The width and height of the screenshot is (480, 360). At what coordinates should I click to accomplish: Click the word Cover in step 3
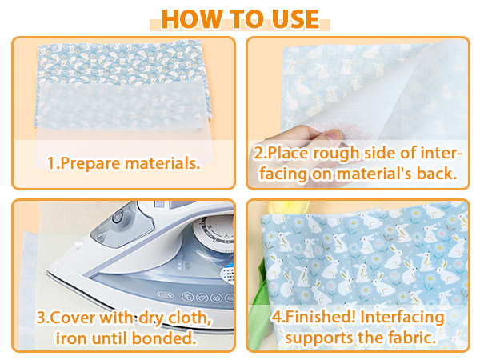[74, 318]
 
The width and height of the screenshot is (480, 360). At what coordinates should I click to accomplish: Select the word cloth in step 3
[192, 318]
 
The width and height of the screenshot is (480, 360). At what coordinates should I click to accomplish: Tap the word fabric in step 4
[410, 338]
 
